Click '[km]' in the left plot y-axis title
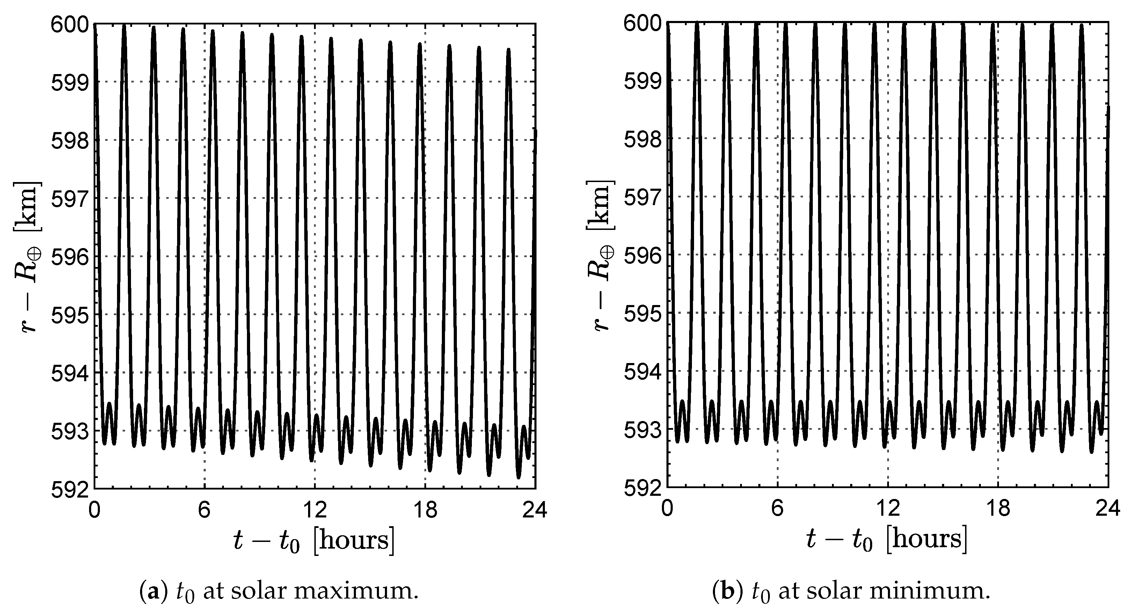(x=30, y=206)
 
